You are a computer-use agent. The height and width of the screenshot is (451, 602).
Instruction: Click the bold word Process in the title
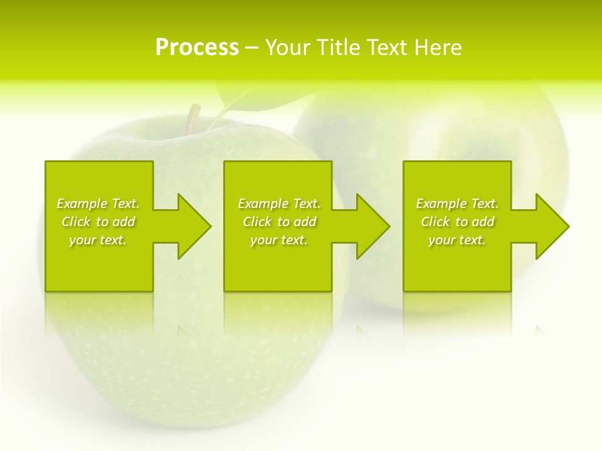(197, 48)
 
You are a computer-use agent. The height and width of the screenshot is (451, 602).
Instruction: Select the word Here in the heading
(437, 48)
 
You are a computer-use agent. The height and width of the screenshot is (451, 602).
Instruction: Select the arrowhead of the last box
(551, 226)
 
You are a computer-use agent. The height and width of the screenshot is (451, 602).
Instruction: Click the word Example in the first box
(82, 204)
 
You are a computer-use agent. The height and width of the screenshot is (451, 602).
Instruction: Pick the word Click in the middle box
(258, 222)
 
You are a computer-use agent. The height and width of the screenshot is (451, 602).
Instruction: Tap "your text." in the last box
(457, 240)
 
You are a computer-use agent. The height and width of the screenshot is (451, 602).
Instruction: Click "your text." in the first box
(98, 240)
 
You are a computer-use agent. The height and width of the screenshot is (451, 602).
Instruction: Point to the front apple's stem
(193, 118)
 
